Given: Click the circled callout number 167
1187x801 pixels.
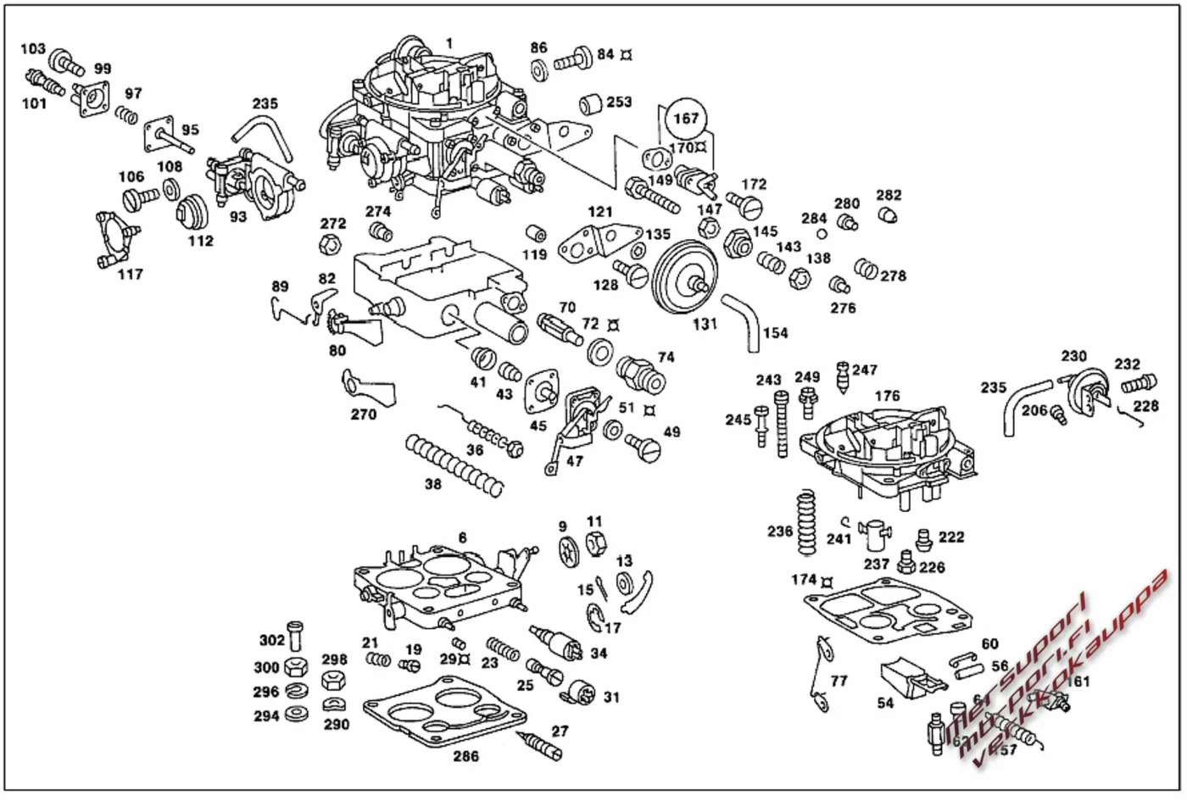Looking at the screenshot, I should [685, 119].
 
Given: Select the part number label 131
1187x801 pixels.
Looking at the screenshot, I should [705, 323].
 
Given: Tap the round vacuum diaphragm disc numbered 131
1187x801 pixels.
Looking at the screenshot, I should [684, 277].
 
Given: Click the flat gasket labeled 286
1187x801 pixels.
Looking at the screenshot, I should [441, 712].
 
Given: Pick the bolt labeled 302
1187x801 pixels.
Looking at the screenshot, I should [294, 636].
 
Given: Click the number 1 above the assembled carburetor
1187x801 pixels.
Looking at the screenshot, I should [449, 43].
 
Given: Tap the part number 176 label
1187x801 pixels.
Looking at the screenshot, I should [887, 396].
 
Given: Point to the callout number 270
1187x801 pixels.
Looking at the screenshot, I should [364, 414].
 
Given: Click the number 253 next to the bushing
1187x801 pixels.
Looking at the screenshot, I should [619, 102].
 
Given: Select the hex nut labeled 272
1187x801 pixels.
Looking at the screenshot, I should [329, 246].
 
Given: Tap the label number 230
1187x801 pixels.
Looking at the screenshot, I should [1073, 356].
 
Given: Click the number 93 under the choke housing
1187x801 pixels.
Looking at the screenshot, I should [238, 216].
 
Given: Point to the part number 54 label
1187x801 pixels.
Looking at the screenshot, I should [885, 703].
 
